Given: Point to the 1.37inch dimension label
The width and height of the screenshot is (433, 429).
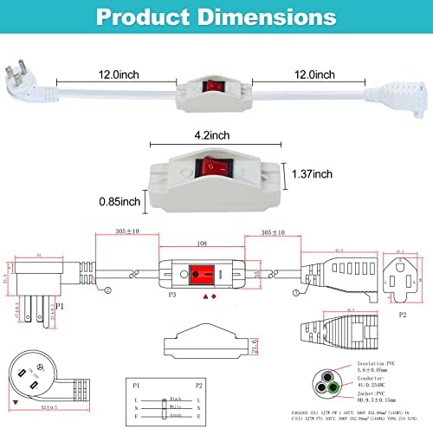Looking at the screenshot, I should tap(311, 173).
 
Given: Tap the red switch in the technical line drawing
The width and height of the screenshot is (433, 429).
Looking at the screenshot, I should tap(203, 275).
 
